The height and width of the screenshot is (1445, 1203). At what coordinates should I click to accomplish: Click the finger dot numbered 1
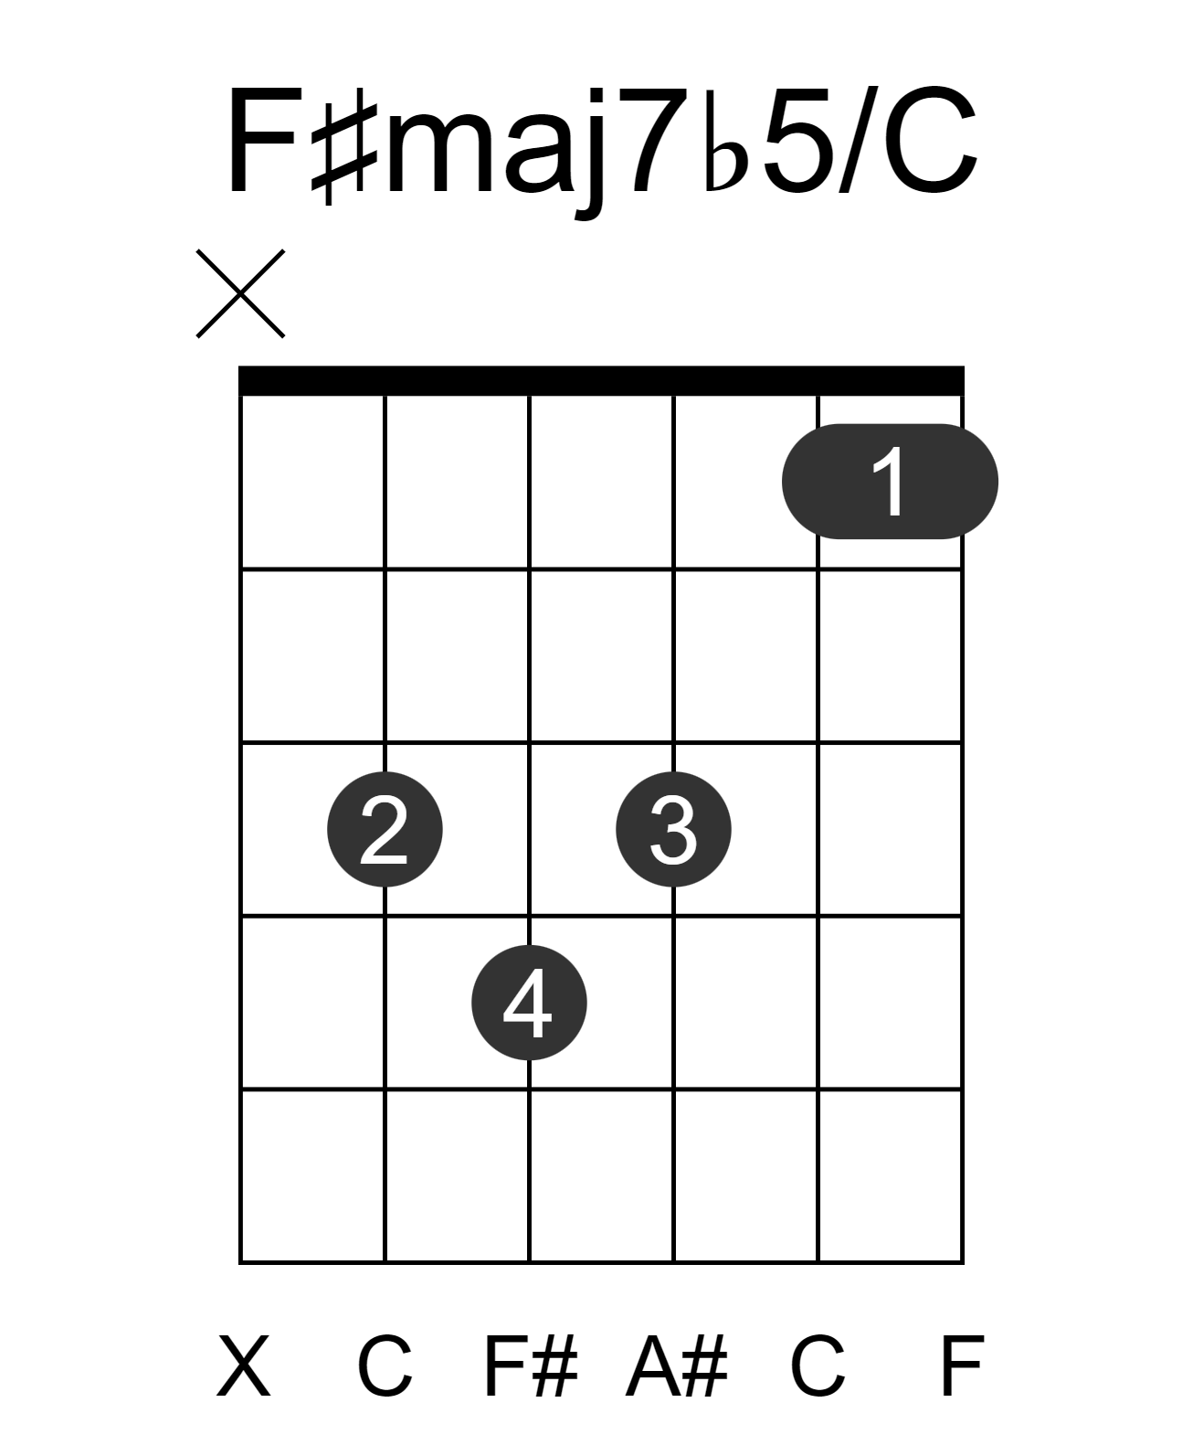889,481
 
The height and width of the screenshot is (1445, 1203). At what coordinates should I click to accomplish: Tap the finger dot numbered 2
385,828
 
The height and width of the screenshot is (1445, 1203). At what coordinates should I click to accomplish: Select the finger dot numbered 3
673,828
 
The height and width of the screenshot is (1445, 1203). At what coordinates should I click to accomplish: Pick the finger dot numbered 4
529,1002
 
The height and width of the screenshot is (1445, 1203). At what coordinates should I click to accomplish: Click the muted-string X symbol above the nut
240,293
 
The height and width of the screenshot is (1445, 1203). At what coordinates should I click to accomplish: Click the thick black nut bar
601,380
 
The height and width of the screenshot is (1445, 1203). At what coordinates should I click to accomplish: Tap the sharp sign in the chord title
343,145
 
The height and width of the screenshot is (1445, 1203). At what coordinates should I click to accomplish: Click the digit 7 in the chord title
653,141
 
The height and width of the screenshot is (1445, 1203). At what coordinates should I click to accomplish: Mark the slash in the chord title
858,138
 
